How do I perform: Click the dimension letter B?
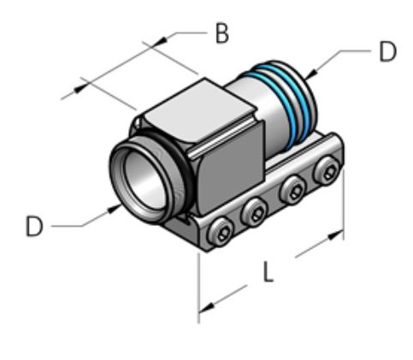[221, 35]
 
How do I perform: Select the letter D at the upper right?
[387, 52]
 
